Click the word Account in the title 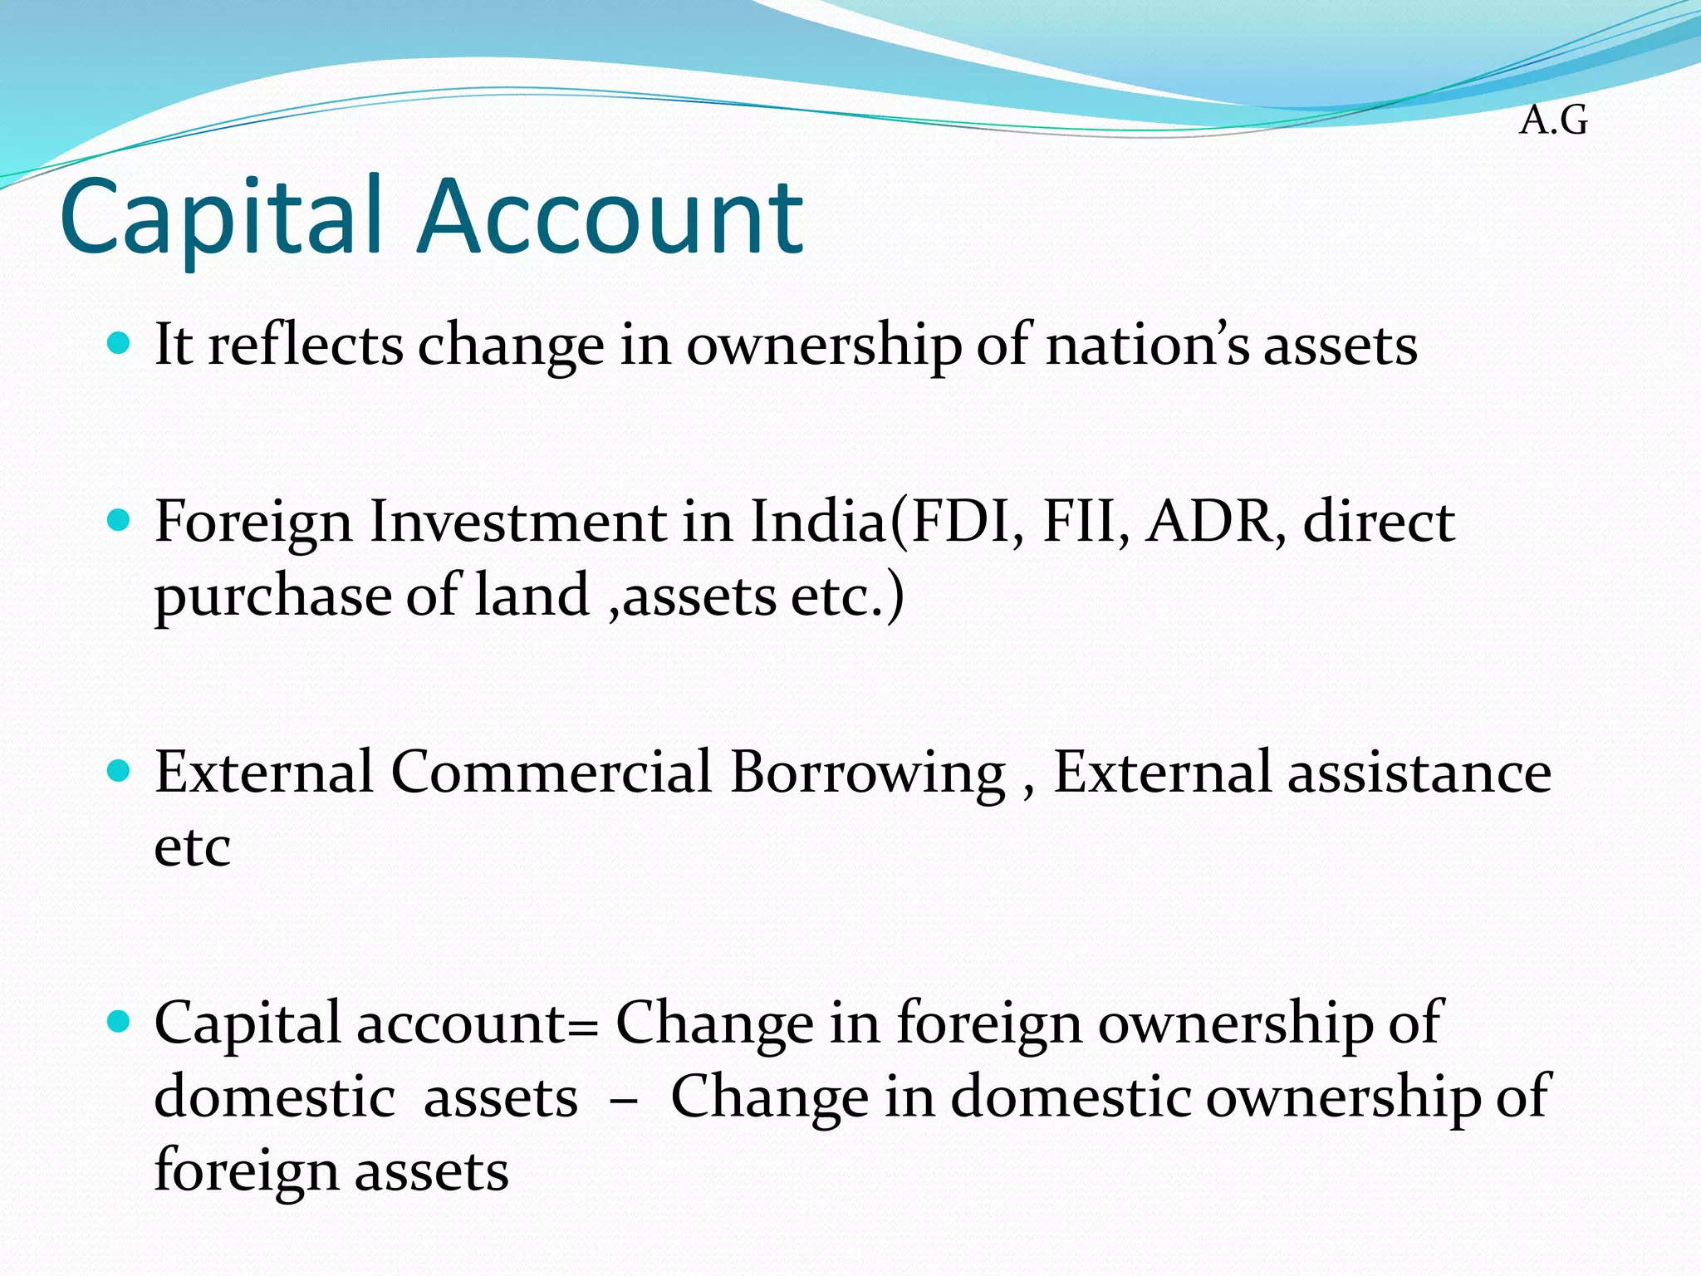coord(611,218)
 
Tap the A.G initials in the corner coord(1553,121)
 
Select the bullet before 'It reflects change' coord(120,343)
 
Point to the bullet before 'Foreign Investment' coord(120,521)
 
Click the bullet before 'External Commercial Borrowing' coord(120,772)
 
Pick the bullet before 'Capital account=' coord(120,1022)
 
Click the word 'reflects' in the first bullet coord(305,345)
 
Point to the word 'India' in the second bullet coord(818,523)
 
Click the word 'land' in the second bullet coord(532,596)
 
